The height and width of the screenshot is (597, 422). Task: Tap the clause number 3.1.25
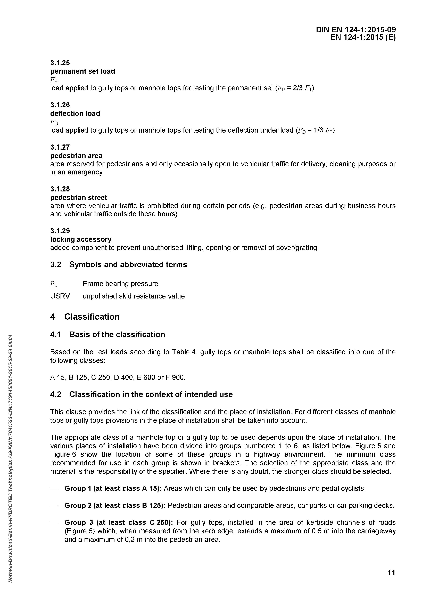tap(60, 63)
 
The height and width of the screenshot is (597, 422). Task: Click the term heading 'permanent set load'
tap(82, 71)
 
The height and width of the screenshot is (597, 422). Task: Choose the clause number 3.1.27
tap(60, 147)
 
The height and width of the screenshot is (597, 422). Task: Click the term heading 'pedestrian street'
tap(78, 198)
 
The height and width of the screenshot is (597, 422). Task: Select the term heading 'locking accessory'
tap(81, 239)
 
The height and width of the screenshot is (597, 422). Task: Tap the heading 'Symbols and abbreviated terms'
tap(128, 265)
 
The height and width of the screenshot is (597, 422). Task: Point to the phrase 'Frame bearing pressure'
tap(120, 284)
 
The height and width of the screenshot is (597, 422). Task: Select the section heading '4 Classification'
tap(85, 317)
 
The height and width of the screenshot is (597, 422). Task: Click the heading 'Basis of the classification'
tap(117, 334)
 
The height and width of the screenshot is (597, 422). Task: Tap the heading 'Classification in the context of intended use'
tap(151, 394)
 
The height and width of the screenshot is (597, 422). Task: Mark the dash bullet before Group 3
tap(54, 523)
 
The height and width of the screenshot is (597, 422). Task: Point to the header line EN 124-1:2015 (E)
tap(363, 38)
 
